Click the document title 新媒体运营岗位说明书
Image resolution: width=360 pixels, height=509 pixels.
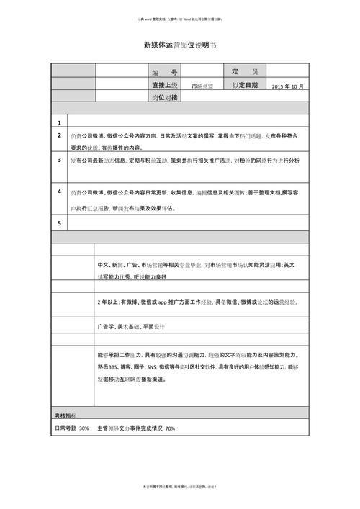click(180, 45)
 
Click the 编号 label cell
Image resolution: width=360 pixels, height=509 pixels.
click(165, 73)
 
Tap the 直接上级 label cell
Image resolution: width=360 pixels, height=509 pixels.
click(165, 85)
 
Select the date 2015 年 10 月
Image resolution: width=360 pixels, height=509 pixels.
click(289, 86)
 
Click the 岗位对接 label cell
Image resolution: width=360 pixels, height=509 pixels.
click(165, 97)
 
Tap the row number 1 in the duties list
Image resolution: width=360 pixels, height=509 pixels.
click(59, 122)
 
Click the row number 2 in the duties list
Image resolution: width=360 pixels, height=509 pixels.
click(59, 135)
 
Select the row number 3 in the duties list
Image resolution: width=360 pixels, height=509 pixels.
click(59, 160)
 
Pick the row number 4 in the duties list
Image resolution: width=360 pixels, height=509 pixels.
click(59, 192)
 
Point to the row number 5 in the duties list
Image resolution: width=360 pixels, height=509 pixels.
click(59, 223)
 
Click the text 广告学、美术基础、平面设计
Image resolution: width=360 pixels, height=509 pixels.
click(131, 326)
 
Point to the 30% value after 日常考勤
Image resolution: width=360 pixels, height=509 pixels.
click(84, 428)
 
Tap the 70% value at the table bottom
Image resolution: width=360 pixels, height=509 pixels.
click(170, 428)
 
